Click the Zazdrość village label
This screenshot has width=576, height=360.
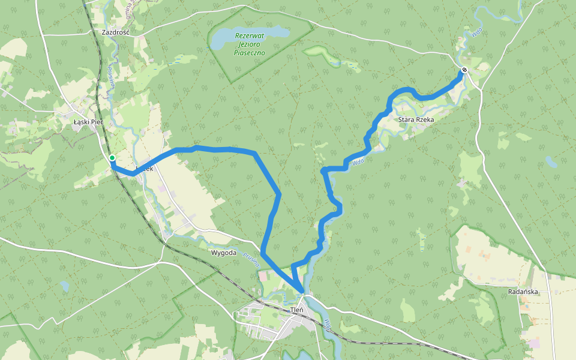click(x=116, y=32)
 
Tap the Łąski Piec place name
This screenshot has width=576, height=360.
click(x=88, y=122)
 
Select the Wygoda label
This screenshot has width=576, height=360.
click(x=223, y=253)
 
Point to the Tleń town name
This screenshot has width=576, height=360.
click(x=296, y=310)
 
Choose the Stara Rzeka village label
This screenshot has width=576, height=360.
click(x=416, y=120)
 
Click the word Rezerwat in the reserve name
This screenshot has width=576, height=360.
click(x=249, y=35)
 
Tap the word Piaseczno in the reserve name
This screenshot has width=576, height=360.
click(x=249, y=53)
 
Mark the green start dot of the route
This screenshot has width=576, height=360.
click(x=112, y=158)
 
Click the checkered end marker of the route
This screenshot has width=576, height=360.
click(x=464, y=70)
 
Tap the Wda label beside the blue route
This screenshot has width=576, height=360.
click(x=358, y=161)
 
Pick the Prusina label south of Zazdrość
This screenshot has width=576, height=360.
click(x=110, y=77)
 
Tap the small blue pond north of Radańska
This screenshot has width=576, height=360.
click(x=550, y=161)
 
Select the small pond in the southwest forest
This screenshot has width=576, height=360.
click(x=64, y=286)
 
